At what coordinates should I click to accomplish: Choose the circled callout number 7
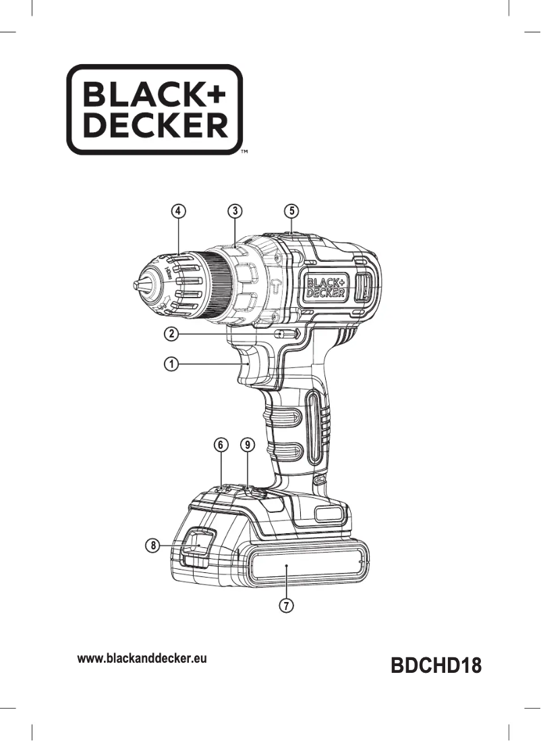click(287, 605)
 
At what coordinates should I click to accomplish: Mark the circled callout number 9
click(248, 445)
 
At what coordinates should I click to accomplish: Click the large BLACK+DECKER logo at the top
click(154, 109)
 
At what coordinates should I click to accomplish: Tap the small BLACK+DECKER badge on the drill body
click(326, 287)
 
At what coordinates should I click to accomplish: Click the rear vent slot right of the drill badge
click(361, 287)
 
